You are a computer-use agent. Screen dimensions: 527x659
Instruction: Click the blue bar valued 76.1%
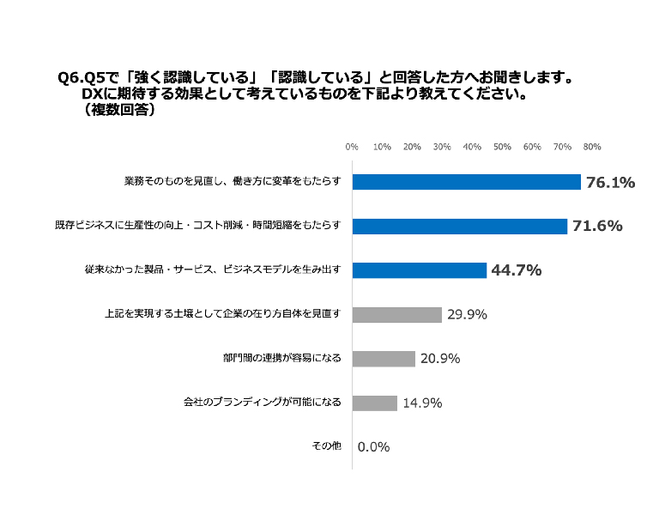pos(467,182)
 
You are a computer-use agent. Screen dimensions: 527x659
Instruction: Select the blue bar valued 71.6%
pos(460,227)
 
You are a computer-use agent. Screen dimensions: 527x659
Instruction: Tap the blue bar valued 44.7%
pos(420,270)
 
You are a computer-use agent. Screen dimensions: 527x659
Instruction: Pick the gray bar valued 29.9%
pos(397,314)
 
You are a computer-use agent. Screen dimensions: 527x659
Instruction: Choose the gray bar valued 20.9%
pos(384,358)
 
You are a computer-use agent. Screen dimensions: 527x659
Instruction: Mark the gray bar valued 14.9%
pos(375,403)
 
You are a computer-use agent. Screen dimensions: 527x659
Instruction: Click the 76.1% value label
pos(610,182)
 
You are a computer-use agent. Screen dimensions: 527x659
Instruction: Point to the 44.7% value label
pos(516,270)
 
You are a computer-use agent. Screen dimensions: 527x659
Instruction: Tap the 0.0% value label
pos(374,446)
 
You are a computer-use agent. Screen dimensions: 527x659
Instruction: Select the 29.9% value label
pos(466,314)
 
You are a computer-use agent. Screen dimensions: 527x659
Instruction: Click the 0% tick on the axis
pos(352,147)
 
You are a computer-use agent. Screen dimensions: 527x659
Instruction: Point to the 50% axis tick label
pos(502,147)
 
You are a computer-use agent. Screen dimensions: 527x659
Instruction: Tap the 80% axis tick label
pos(591,147)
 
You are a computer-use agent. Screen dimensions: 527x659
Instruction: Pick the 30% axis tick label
pos(442,147)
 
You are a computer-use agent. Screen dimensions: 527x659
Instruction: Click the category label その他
pos(327,446)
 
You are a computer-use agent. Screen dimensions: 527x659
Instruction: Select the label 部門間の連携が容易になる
pos(281,358)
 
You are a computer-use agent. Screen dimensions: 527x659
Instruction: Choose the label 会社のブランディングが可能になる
pos(263,403)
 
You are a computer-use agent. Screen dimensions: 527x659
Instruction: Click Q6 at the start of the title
pos(70,78)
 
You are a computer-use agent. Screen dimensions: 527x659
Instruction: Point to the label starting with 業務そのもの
pos(233,182)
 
